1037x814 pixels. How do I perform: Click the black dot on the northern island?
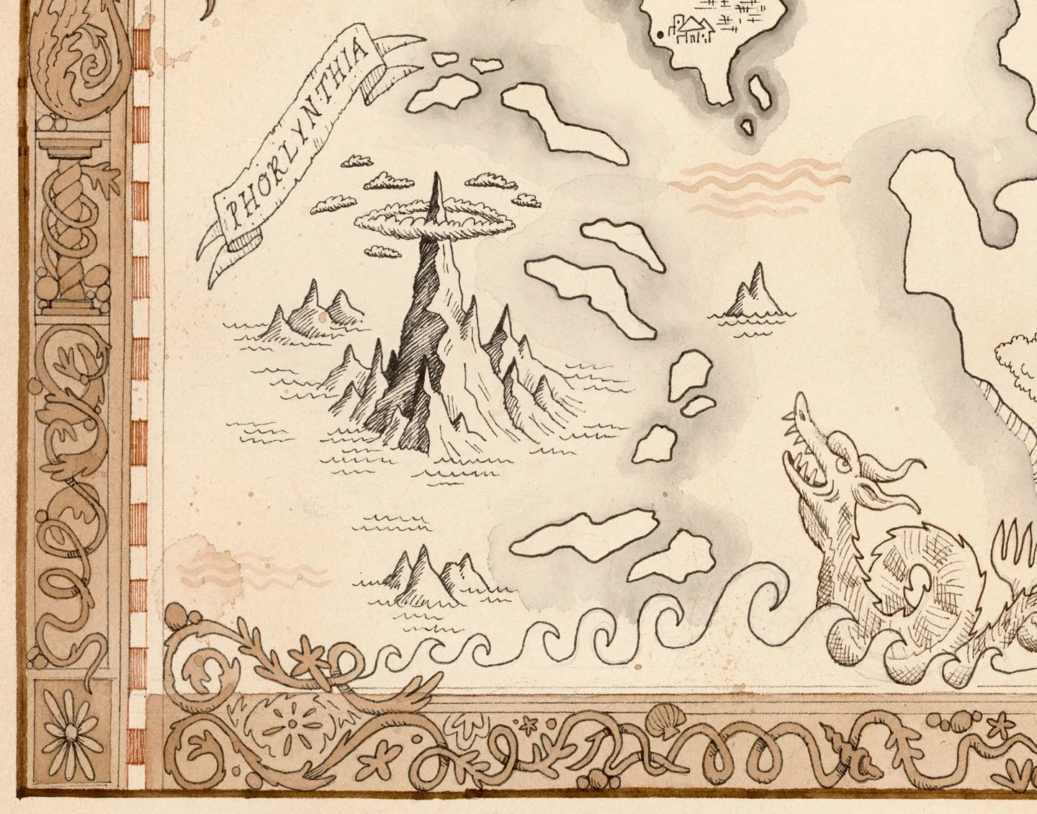point(660,34)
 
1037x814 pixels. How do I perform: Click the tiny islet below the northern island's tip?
point(747,127)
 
